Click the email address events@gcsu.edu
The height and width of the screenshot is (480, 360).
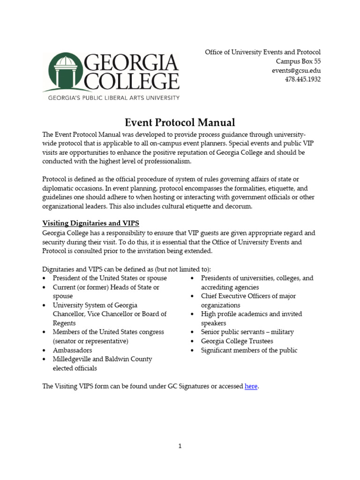(296, 70)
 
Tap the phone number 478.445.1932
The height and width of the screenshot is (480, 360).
(303, 79)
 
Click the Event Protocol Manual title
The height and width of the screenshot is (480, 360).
(180, 123)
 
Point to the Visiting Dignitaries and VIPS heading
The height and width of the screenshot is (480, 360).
(90, 223)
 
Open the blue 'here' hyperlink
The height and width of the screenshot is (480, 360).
(251, 386)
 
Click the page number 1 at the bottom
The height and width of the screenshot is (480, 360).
(180, 446)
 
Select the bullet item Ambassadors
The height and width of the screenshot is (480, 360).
(72, 350)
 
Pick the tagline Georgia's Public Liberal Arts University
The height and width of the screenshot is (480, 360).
(111, 97)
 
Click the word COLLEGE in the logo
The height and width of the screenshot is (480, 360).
(132, 81)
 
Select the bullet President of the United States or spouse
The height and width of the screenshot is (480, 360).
(103, 278)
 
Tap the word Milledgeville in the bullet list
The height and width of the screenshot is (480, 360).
(72, 359)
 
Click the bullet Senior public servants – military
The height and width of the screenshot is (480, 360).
(247, 332)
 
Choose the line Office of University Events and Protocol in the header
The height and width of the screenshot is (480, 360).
(262, 52)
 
